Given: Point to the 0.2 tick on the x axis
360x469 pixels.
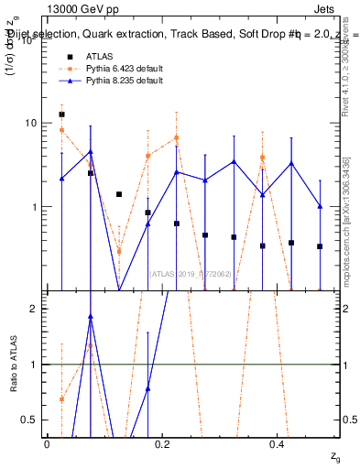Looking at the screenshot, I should point(162,444).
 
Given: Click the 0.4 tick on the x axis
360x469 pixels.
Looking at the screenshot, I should point(278,444).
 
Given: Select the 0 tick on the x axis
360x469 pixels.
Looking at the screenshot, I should point(47,444).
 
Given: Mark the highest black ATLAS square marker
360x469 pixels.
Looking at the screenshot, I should point(61,115).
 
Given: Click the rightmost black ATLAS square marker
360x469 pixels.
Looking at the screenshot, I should point(320,246).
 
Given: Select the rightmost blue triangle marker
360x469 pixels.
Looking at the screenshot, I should point(320,206).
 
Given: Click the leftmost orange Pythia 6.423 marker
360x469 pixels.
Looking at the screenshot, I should point(61,130).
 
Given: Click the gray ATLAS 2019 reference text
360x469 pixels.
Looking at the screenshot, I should point(191,274).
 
